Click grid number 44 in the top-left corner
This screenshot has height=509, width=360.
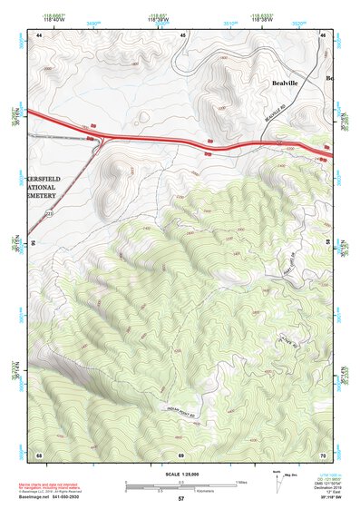40,34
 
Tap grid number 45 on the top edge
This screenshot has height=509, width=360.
183,34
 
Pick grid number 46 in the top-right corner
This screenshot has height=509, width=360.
324,34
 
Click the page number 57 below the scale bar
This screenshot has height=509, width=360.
180,499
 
